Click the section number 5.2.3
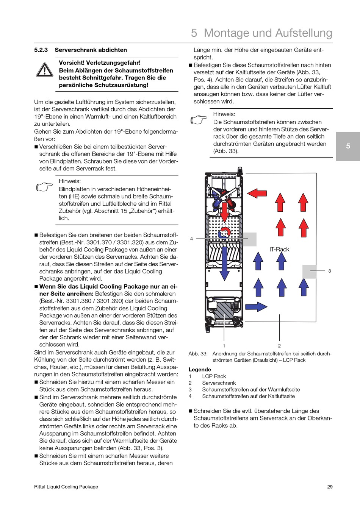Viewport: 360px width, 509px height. pyautogui.click(x=41, y=50)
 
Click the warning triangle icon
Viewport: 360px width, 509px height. pyautogui.click(x=45, y=70)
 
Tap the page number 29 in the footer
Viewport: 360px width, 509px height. pyautogui.click(x=330, y=487)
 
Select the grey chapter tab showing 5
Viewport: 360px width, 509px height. pyautogui.click(x=348, y=146)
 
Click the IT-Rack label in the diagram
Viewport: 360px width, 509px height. pyautogui.click(x=279, y=249)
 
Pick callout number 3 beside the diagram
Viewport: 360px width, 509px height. pyautogui.click(x=330, y=271)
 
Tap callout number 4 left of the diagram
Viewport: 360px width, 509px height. pyautogui.click(x=191, y=239)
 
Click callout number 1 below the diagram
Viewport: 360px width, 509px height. pyautogui.click(x=224, y=346)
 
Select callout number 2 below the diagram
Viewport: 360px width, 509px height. pyautogui.click(x=279, y=346)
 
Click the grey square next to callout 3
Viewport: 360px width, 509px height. pyautogui.click(x=309, y=271)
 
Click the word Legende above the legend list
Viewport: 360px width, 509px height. pyautogui.click(x=200, y=370)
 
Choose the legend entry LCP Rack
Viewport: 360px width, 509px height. pyautogui.click(x=214, y=376)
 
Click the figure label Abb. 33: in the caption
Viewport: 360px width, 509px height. pyautogui.click(x=198, y=354)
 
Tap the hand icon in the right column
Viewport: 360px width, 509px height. pyautogui.click(x=199, y=120)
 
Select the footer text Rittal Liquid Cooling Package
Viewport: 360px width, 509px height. pyautogui.click(x=66, y=487)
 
